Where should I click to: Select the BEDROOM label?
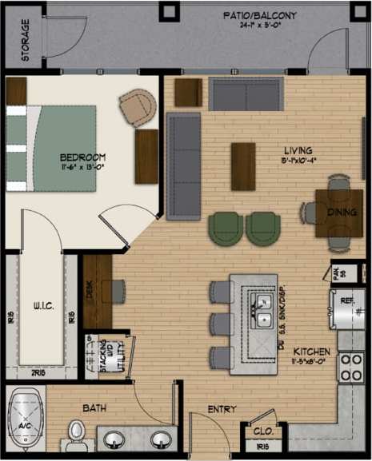(82, 157)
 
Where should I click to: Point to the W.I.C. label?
(43, 304)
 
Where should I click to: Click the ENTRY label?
(222, 409)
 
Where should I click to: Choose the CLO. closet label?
(263, 431)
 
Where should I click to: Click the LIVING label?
(298, 150)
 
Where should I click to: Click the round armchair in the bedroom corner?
(137, 105)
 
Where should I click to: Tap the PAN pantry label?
(338, 273)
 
